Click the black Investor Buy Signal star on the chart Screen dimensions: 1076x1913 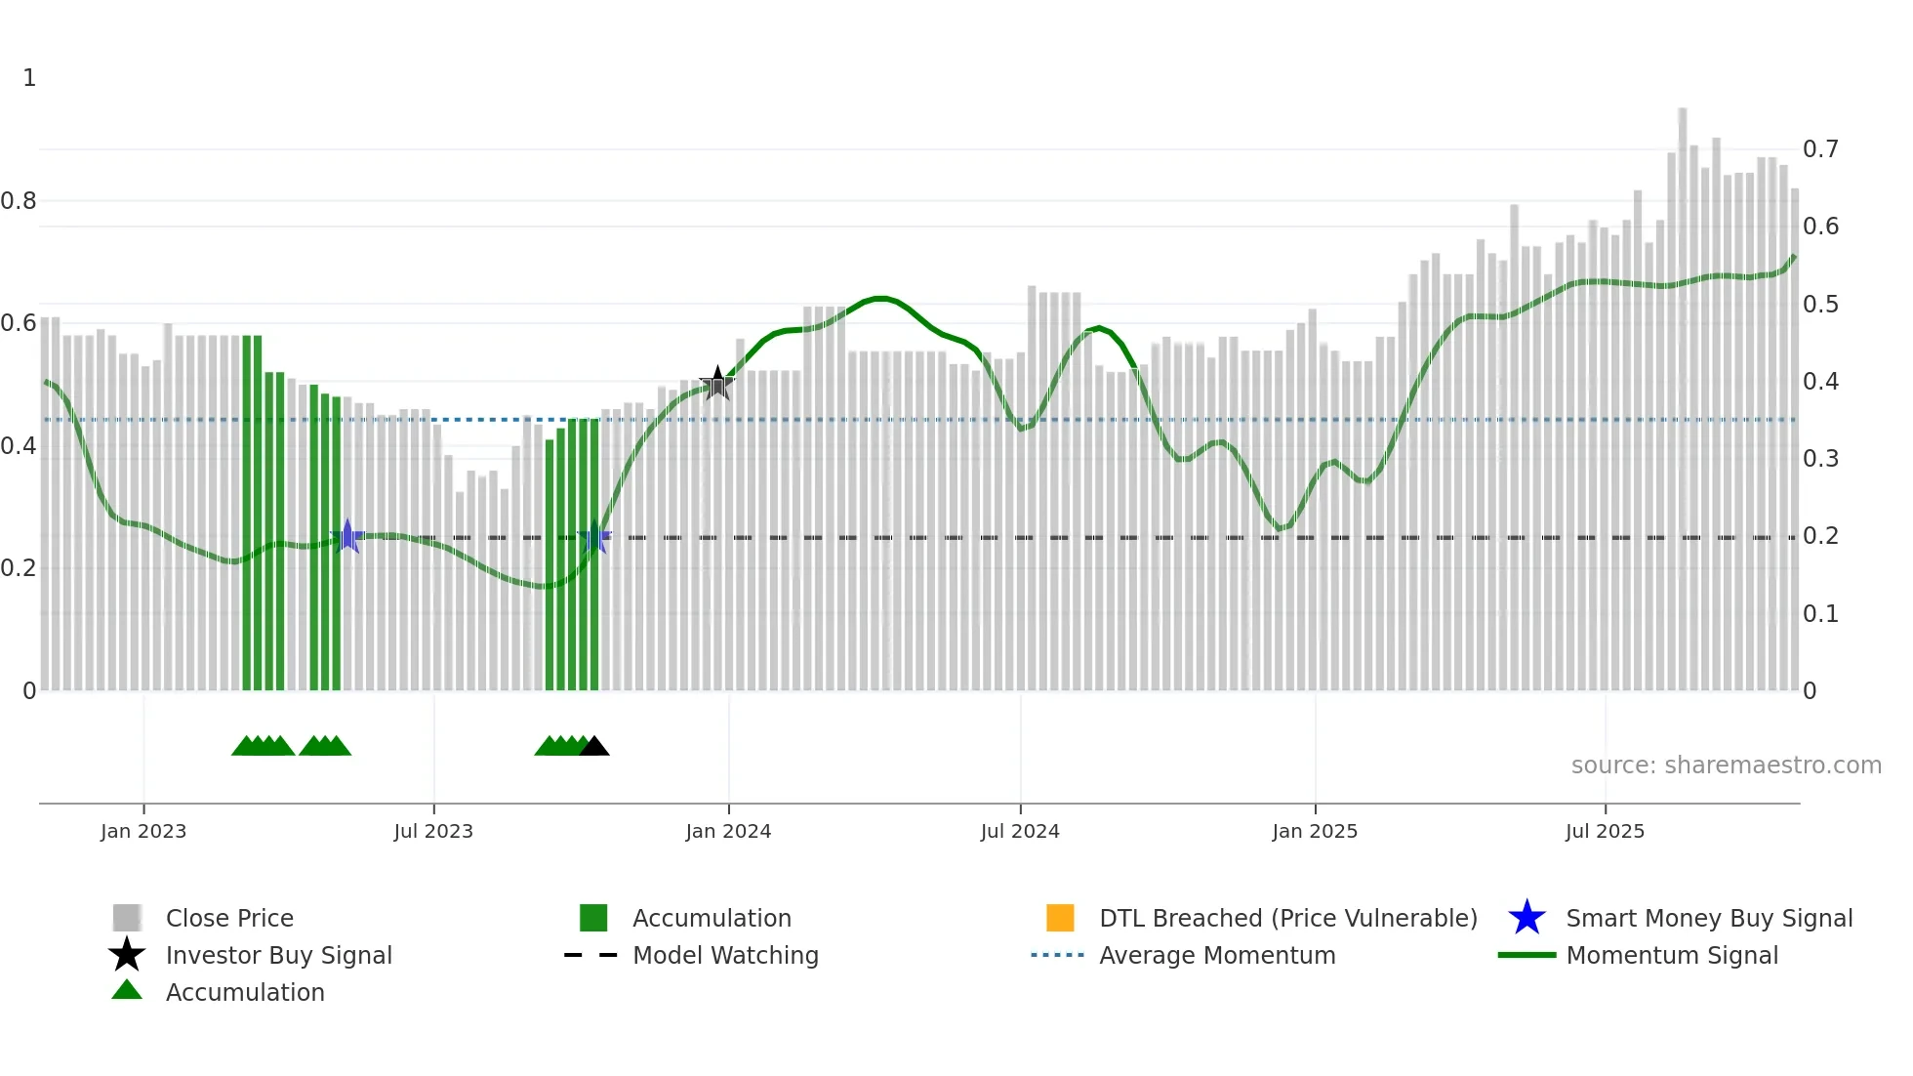[x=717, y=384]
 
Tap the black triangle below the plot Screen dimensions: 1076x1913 [x=594, y=747]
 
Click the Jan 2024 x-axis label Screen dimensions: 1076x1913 [x=728, y=831]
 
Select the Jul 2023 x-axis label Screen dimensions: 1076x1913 [x=433, y=831]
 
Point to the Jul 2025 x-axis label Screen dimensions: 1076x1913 [x=1605, y=831]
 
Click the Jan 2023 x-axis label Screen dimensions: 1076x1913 [x=143, y=831]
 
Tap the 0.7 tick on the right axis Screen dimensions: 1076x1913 [x=1820, y=149]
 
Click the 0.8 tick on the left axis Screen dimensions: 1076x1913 [x=19, y=201]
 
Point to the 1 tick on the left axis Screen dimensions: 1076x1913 [x=29, y=78]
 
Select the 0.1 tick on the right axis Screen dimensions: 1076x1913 [x=1820, y=614]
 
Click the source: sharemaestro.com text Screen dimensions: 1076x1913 [x=1726, y=766]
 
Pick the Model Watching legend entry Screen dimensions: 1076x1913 [x=724, y=956]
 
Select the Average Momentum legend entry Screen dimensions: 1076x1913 [x=1216, y=956]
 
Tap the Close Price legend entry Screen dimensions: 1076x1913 [x=228, y=919]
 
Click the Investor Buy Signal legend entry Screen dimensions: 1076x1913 [x=278, y=956]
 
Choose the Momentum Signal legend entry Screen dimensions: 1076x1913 [x=1671, y=956]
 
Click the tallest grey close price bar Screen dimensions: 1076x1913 [x=1683, y=391]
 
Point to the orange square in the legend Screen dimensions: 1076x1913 [x=1060, y=918]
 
